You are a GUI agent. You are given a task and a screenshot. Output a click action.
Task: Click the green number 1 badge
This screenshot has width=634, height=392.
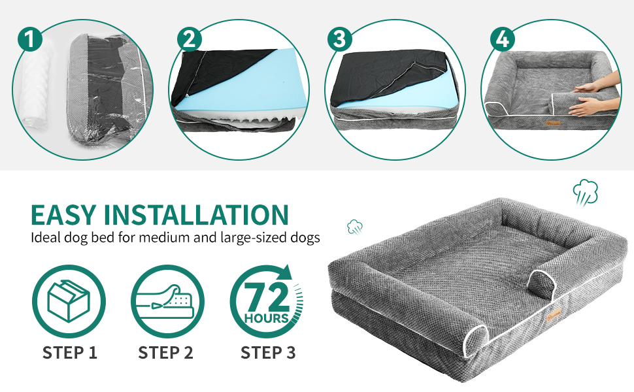coord(30,39)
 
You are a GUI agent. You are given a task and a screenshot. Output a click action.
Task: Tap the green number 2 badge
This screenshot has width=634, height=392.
coord(190,39)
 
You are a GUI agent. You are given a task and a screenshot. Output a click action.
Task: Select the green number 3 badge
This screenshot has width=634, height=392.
coord(340,39)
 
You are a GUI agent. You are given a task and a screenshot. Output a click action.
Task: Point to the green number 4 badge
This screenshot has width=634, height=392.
coord(503,39)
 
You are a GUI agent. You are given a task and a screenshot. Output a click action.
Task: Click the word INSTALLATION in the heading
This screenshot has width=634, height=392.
coord(197,215)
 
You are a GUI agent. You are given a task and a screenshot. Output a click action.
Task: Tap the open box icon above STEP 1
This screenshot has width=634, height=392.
coord(69,301)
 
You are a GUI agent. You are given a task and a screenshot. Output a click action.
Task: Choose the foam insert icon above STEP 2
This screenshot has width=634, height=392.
coord(166,301)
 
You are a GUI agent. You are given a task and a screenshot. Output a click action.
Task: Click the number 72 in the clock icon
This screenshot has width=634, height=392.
coord(267,297)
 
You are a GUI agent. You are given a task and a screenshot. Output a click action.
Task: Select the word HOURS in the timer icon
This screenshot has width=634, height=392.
coord(267,318)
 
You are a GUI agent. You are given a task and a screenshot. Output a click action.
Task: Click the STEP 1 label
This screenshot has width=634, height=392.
coord(70,353)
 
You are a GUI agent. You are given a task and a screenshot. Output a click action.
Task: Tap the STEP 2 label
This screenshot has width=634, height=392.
coord(166,353)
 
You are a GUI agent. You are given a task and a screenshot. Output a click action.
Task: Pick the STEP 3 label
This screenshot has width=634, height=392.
coord(268,353)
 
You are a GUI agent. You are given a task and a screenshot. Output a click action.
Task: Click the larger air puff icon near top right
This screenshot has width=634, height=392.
coord(585,193)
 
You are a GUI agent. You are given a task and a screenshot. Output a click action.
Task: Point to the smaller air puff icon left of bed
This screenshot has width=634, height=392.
coord(355,227)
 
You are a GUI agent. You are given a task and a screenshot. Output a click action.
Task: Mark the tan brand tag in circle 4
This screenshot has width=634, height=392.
coord(552,122)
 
